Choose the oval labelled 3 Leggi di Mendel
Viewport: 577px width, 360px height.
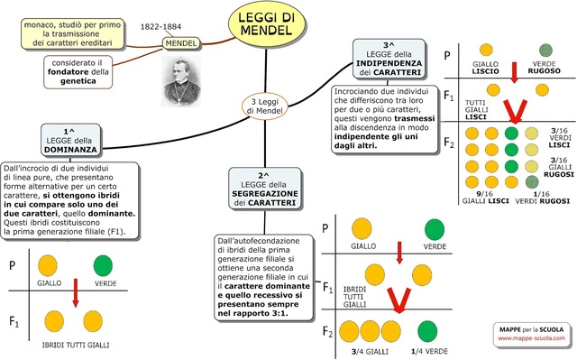[x=268, y=106]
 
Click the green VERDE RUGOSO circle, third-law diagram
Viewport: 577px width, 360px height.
[x=545, y=51]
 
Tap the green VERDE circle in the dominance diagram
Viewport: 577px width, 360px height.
[x=102, y=265]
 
